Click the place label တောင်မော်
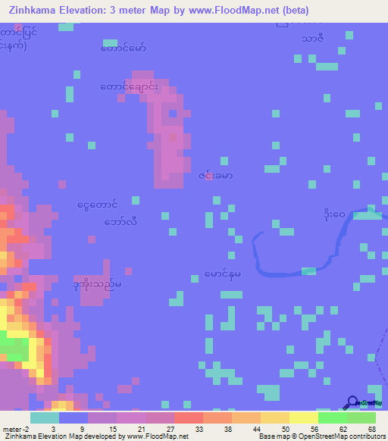[123, 48]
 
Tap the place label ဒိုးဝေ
[333, 214]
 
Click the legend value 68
[371, 430]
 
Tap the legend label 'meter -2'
[15, 430]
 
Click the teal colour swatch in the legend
[45, 418]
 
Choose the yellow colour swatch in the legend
[304, 418]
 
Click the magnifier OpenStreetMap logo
[352, 403]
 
